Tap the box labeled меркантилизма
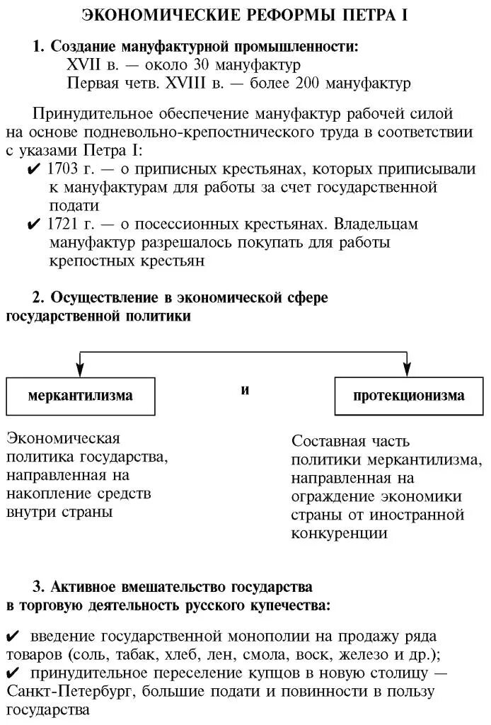pyautogui.click(x=80, y=396)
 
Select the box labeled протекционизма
pyautogui.click(x=409, y=396)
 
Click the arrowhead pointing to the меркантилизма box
pyautogui.click(x=80, y=369)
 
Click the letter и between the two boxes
pyautogui.click(x=245, y=390)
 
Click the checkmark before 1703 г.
pyautogui.click(x=33, y=170)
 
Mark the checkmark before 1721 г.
pyautogui.click(x=33, y=224)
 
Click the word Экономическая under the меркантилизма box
pyautogui.click(x=63, y=438)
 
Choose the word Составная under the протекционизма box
pyautogui.click(x=330, y=441)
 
